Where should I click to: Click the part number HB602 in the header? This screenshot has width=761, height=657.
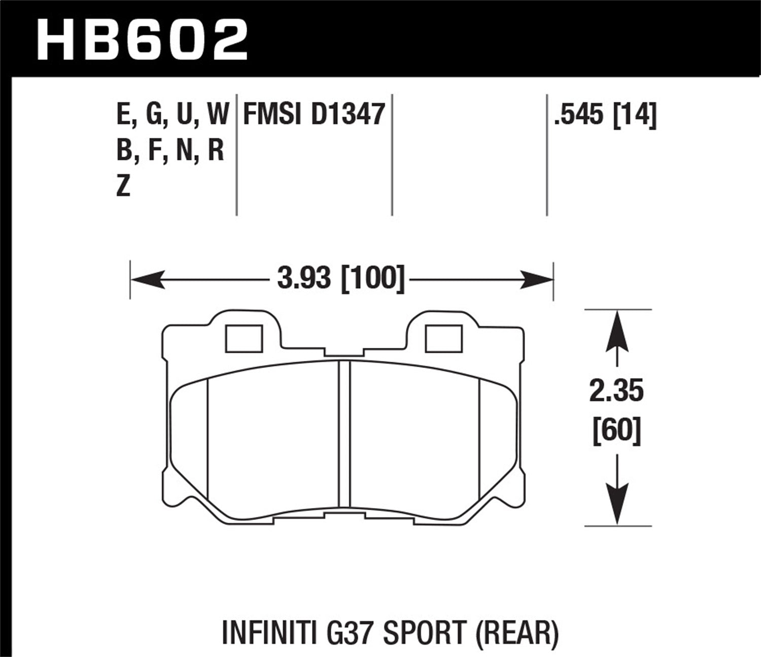[143, 38]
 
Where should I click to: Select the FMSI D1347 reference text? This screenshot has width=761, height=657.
[314, 114]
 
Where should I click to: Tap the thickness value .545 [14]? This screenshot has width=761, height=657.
[605, 114]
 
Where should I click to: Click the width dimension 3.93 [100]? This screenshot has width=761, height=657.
[341, 279]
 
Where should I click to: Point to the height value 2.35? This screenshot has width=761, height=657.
[616, 391]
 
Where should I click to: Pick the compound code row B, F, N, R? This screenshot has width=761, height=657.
[170, 151]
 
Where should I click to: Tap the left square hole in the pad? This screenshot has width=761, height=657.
[244, 339]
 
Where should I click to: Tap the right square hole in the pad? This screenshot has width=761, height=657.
[443, 339]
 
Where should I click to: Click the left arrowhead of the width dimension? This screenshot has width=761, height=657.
[147, 279]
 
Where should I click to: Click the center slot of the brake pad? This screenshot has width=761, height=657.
[344, 433]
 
